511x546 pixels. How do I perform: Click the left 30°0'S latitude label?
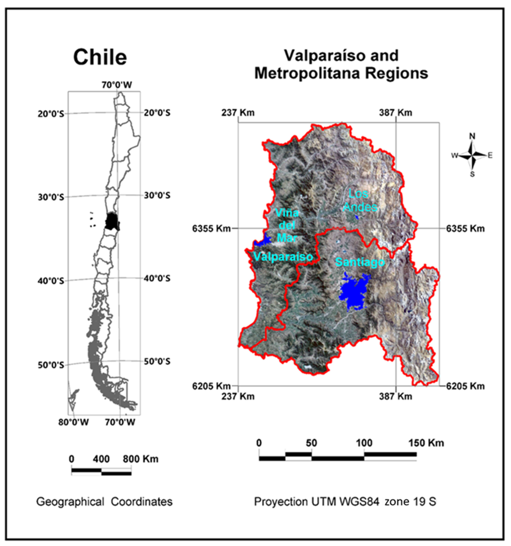51,197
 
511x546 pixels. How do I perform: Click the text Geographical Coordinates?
104,502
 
